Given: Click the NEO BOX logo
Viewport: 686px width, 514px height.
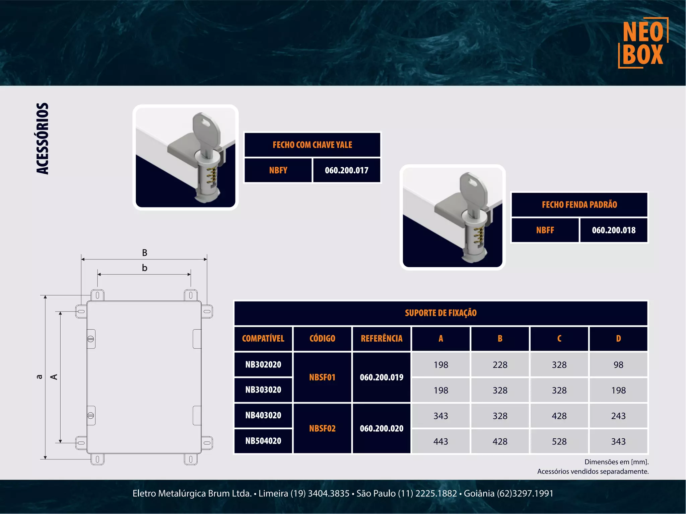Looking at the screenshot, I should point(643,43).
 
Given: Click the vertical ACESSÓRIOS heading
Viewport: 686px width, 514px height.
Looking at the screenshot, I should point(43,139).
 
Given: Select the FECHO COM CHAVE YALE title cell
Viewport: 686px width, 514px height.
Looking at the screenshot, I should point(312,145).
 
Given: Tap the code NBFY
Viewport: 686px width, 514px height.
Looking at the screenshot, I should point(278,170).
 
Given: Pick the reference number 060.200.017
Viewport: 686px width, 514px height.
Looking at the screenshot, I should point(346,170).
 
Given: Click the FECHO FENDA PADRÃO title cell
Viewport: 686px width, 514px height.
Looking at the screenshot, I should point(579,204).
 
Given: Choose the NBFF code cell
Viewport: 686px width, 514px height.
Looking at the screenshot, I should point(545,230).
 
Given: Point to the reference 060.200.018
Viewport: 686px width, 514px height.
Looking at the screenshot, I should point(613,230).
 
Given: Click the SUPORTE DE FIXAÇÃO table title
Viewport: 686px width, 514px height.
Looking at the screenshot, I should point(440,313).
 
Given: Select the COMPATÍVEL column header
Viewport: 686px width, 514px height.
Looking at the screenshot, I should point(263,339).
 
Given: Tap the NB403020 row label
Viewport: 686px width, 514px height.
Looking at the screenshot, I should point(263,415).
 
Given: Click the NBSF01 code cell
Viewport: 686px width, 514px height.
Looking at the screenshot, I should point(322,377).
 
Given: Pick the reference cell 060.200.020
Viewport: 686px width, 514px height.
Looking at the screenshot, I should point(382,428).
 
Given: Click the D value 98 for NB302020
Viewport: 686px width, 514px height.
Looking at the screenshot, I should point(618,365).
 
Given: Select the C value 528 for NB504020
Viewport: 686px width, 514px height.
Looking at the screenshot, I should point(559,441).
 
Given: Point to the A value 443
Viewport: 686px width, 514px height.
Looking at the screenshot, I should point(440,441).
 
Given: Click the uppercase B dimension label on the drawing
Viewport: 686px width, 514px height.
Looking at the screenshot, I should point(144,253).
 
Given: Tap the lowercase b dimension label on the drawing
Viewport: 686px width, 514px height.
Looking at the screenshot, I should point(144,268).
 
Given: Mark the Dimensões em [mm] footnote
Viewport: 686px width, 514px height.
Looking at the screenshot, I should point(616,462).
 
